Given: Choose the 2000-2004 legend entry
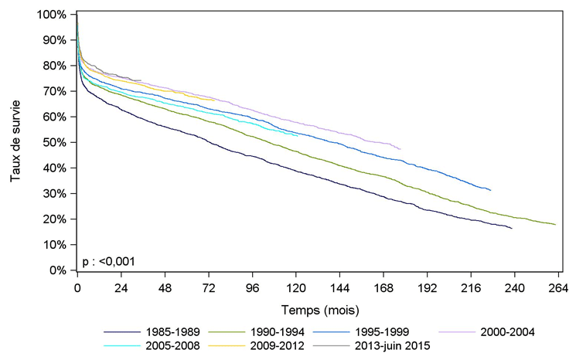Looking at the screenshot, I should (509, 332).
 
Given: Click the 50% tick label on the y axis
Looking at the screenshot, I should (55, 143).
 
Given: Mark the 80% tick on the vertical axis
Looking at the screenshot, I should (55, 66).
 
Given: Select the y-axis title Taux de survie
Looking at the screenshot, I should (15, 143).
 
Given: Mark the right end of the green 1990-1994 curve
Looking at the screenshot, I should (556, 224).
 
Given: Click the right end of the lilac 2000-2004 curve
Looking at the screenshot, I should (400, 148).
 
